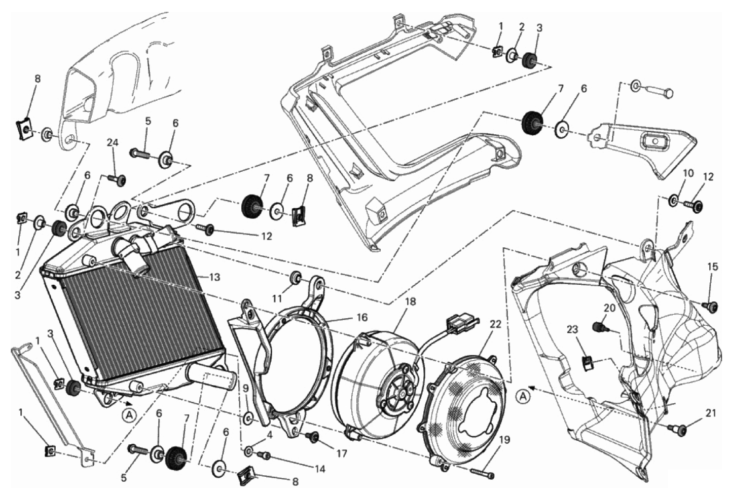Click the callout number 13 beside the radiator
214,278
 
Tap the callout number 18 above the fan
411,301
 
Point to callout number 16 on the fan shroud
362,317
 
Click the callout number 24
114,142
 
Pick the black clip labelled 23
587,362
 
